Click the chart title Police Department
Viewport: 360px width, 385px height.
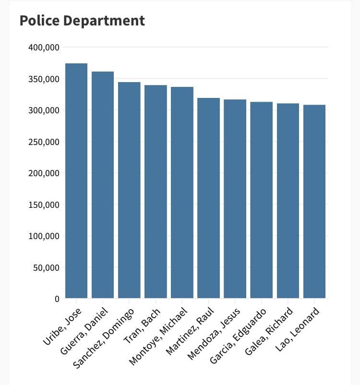(82, 21)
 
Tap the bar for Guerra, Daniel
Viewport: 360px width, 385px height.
(103, 185)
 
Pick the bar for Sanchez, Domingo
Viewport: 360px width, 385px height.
(129, 190)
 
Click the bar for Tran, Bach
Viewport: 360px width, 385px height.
(156, 192)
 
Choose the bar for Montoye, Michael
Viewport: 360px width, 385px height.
(182, 192)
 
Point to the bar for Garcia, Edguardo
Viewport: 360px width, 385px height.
(261, 200)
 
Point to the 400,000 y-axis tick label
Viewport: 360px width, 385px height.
(44, 48)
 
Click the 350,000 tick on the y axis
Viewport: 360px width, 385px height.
(44, 79)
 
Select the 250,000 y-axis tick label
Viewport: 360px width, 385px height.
(44, 142)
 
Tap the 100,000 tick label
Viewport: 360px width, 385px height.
(44, 236)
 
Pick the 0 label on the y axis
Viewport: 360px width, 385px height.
(57, 299)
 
